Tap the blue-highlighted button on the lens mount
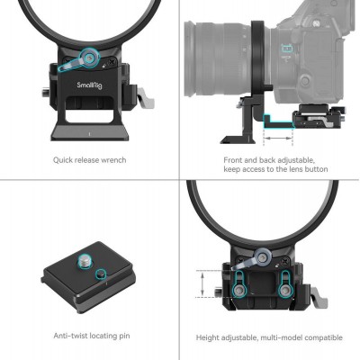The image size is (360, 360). pos(289,50)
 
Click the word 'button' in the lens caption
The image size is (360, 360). pos(312,169)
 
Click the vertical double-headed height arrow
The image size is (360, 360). pos(199,282)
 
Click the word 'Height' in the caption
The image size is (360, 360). pos(209,337)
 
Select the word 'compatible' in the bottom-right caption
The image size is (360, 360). pos(322,337)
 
